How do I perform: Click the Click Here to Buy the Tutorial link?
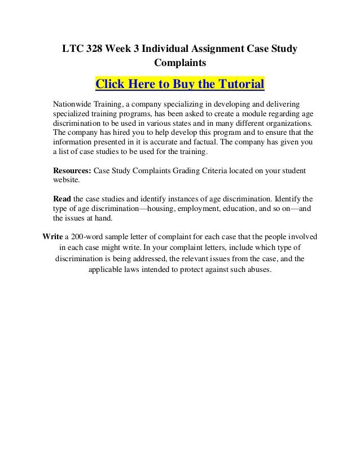click(180, 85)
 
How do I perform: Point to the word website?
click(67, 180)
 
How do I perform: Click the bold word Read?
click(62, 199)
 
